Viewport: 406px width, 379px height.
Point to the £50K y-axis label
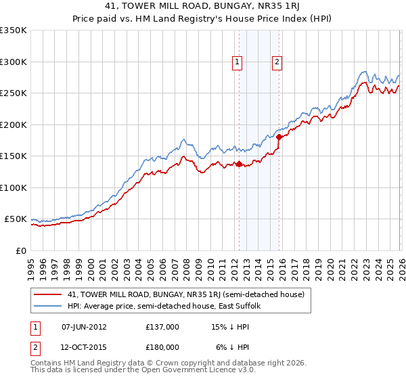(x=15, y=219)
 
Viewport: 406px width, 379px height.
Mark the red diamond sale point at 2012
(x=239, y=163)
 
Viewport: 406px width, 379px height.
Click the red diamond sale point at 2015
(x=279, y=137)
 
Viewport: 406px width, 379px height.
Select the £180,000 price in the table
(x=162, y=347)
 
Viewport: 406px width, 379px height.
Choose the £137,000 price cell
(x=162, y=327)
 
